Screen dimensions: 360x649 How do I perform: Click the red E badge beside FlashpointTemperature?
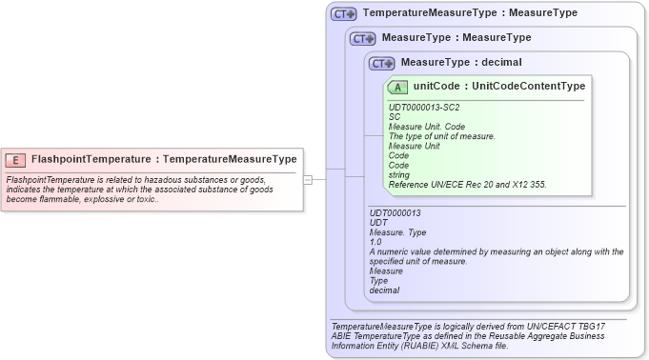pos(16,160)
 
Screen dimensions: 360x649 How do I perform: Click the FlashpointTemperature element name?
pos(92,159)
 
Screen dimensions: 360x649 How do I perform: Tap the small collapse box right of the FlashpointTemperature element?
pos(308,179)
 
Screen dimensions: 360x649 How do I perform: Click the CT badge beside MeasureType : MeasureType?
pos(362,38)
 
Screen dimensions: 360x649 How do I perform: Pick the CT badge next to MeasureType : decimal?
pos(381,63)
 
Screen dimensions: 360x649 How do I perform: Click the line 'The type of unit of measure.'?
pos(441,136)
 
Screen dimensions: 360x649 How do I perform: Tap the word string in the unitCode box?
pos(399,174)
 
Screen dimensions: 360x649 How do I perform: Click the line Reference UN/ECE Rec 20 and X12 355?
pos(467,184)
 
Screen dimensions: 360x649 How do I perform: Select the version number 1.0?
pos(375,242)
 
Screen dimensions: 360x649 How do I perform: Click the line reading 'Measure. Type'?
pos(397,232)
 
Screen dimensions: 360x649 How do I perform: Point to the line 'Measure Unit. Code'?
pos(426,127)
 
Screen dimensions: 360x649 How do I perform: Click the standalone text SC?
pos(395,117)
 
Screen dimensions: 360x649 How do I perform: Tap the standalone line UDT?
pos(378,223)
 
